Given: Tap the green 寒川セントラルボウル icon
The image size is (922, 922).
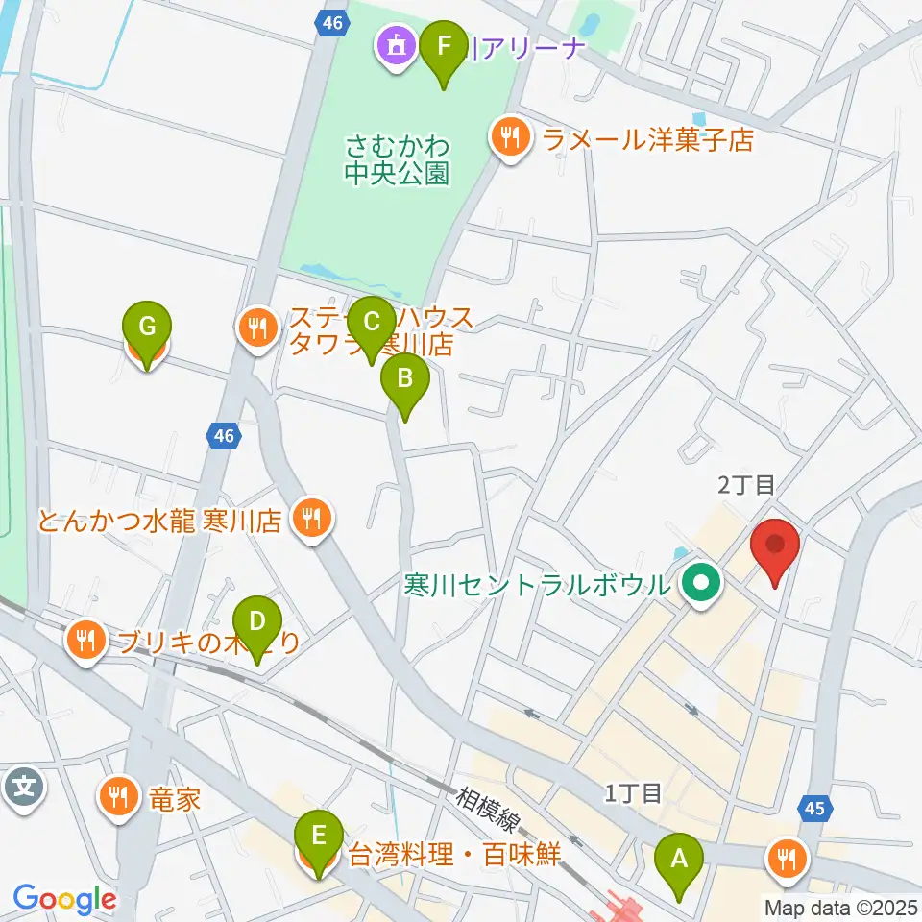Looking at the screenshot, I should [702, 583].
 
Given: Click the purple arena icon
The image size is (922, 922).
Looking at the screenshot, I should [395, 43].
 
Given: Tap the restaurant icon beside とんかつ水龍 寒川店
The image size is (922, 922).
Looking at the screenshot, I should [310, 521].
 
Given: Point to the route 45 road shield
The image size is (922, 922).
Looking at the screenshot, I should [814, 810].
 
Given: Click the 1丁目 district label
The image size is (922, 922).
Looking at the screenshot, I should [634, 793].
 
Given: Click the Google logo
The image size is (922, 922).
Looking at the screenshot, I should [64, 898].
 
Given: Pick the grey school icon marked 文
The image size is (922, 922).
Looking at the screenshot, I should [23, 788].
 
